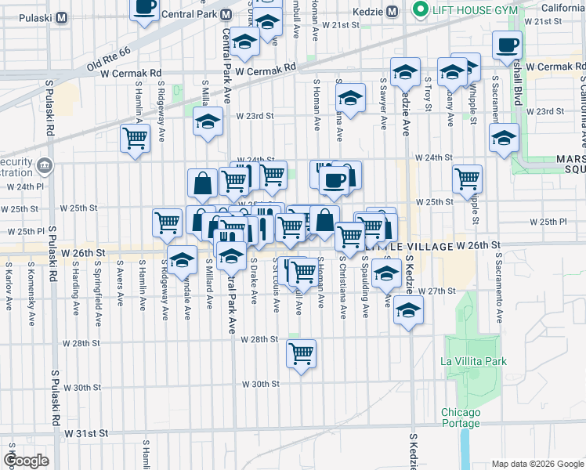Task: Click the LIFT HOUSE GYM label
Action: pos(472,9)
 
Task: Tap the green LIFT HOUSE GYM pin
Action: pos(419,9)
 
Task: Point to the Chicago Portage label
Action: pos(460,418)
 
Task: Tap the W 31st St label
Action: pos(85,433)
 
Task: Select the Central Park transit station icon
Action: pos(226,14)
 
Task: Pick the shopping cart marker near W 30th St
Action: pos(301,354)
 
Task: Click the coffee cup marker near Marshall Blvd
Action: pos(506,45)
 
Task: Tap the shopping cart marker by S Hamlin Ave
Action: pos(135,139)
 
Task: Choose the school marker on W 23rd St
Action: pos(208,122)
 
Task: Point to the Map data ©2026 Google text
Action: pos(537,464)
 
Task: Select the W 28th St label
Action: pos(259,340)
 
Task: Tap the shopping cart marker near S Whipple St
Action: pos(467,179)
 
